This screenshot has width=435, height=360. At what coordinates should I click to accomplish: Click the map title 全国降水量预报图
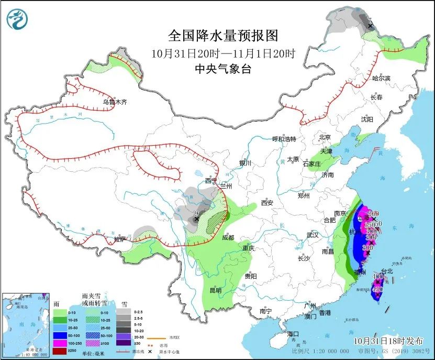[x=222, y=36]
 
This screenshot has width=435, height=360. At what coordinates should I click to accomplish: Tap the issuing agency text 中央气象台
[x=222, y=69]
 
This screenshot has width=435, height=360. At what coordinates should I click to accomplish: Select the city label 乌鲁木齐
[x=115, y=102]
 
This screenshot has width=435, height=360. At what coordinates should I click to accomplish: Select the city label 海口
[x=293, y=334]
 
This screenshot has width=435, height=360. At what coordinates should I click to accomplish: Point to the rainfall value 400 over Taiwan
[x=378, y=276]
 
